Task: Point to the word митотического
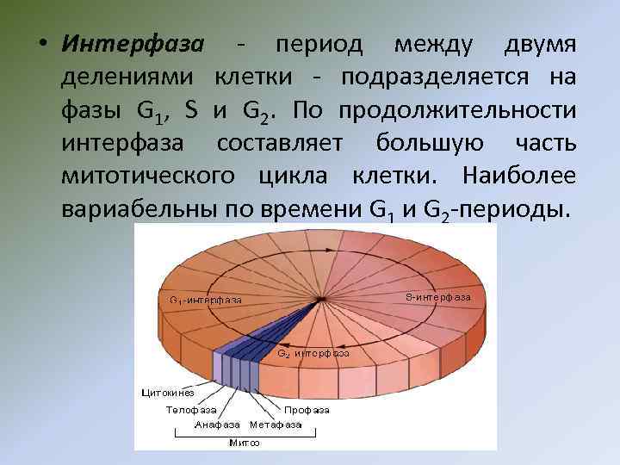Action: (x=152, y=176)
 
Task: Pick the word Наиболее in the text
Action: (x=519, y=176)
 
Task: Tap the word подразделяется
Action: (x=437, y=77)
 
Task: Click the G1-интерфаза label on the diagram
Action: (x=205, y=300)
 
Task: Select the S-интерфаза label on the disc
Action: (x=437, y=297)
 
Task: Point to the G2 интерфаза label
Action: (x=313, y=353)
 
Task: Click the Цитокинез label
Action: (x=168, y=392)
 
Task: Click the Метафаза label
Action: (x=276, y=425)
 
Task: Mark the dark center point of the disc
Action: (x=320, y=299)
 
